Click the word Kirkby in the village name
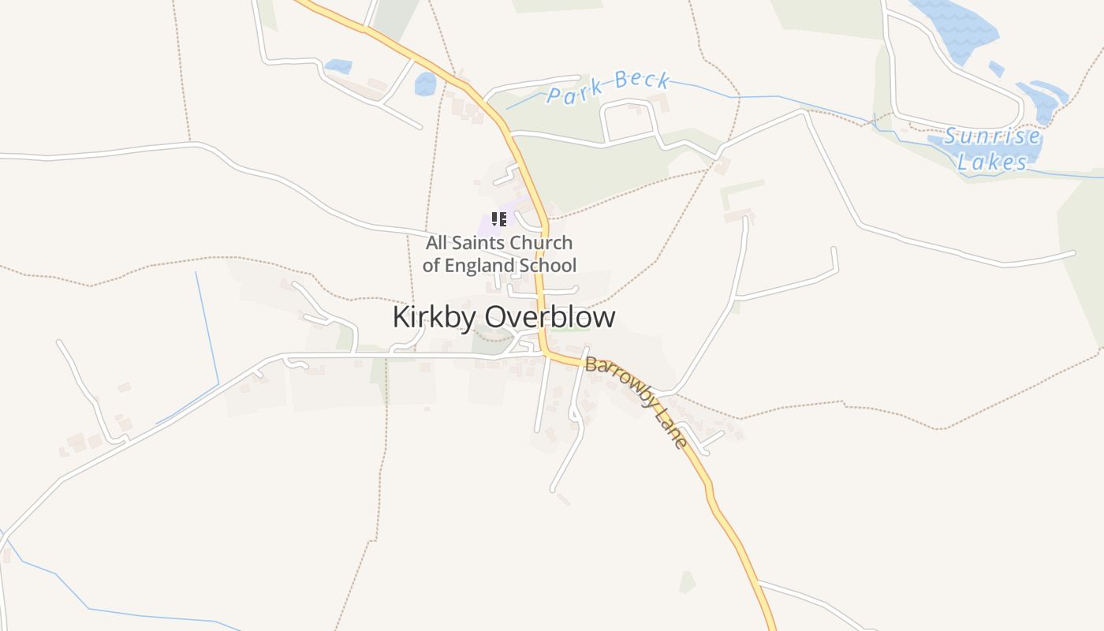435,317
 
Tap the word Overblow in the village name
550,317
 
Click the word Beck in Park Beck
642,80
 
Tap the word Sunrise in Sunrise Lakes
992,137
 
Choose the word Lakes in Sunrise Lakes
992,162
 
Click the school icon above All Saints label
498,219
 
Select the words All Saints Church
499,243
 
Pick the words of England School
499,266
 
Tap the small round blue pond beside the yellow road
425,84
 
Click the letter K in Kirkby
400,317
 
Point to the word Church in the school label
542,243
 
